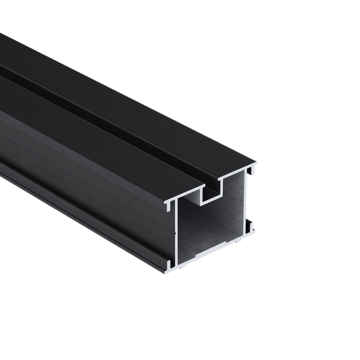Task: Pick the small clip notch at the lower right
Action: [251, 222]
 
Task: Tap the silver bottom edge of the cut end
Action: [213, 251]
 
